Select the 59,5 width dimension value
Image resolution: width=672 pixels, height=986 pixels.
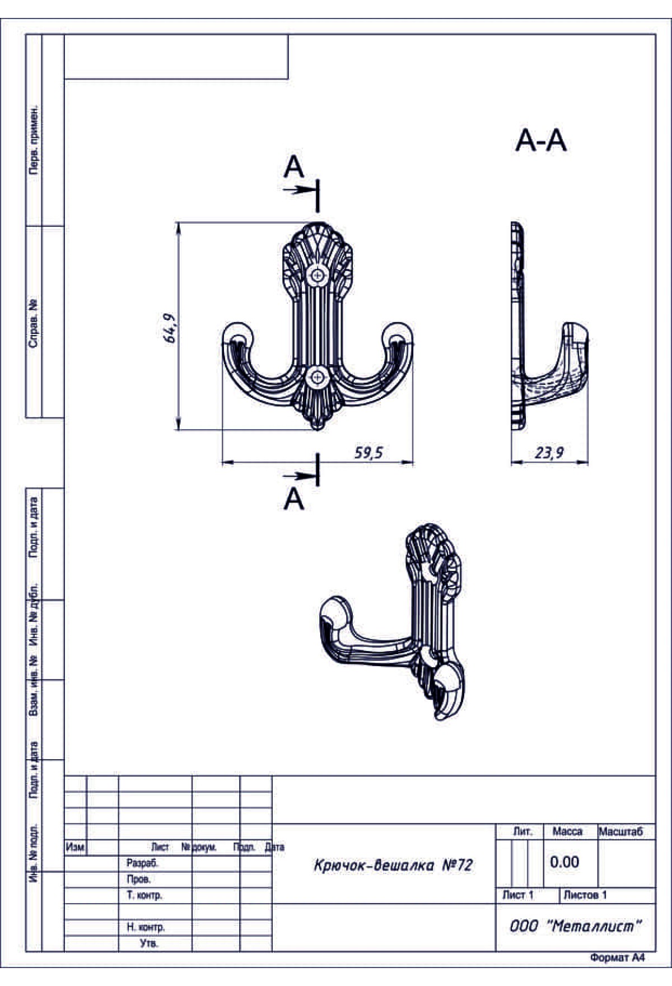point(368,453)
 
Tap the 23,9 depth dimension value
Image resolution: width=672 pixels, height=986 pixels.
point(549,453)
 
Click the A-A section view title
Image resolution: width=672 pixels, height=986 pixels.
point(541,140)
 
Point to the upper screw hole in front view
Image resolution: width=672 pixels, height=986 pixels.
point(318,275)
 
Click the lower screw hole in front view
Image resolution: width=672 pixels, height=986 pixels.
point(318,378)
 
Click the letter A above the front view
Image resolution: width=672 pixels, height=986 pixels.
point(293,166)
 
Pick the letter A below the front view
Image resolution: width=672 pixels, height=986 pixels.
point(293,499)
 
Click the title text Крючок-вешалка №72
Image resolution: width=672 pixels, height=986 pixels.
point(393,866)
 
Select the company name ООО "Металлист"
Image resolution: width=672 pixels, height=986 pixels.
point(575,926)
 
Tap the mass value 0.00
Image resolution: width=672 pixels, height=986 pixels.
point(564,862)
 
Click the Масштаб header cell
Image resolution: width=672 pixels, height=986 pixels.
point(621,831)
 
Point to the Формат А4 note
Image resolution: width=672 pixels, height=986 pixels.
point(617,958)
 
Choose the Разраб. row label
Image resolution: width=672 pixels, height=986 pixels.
point(142,863)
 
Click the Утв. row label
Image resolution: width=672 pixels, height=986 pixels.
point(149,943)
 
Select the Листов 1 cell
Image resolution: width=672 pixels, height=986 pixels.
point(585,895)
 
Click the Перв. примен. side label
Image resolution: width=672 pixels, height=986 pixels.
point(34,139)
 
